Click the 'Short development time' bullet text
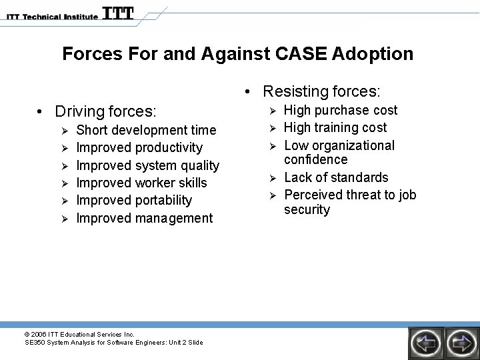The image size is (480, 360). (x=146, y=130)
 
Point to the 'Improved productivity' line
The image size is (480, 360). (x=139, y=147)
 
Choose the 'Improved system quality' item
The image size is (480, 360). (x=147, y=165)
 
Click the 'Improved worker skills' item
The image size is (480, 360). (x=141, y=183)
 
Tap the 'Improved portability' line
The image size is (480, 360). (x=134, y=200)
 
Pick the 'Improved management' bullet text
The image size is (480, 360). (x=144, y=218)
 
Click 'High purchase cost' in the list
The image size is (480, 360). (x=340, y=110)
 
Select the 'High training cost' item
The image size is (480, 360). (x=335, y=127)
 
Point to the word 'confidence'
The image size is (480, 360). (x=315, y=160)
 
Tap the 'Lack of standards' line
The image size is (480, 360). (x=335, y=177)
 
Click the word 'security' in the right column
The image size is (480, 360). (x=307, y=210)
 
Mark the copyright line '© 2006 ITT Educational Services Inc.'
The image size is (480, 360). (x=79, y=334)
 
